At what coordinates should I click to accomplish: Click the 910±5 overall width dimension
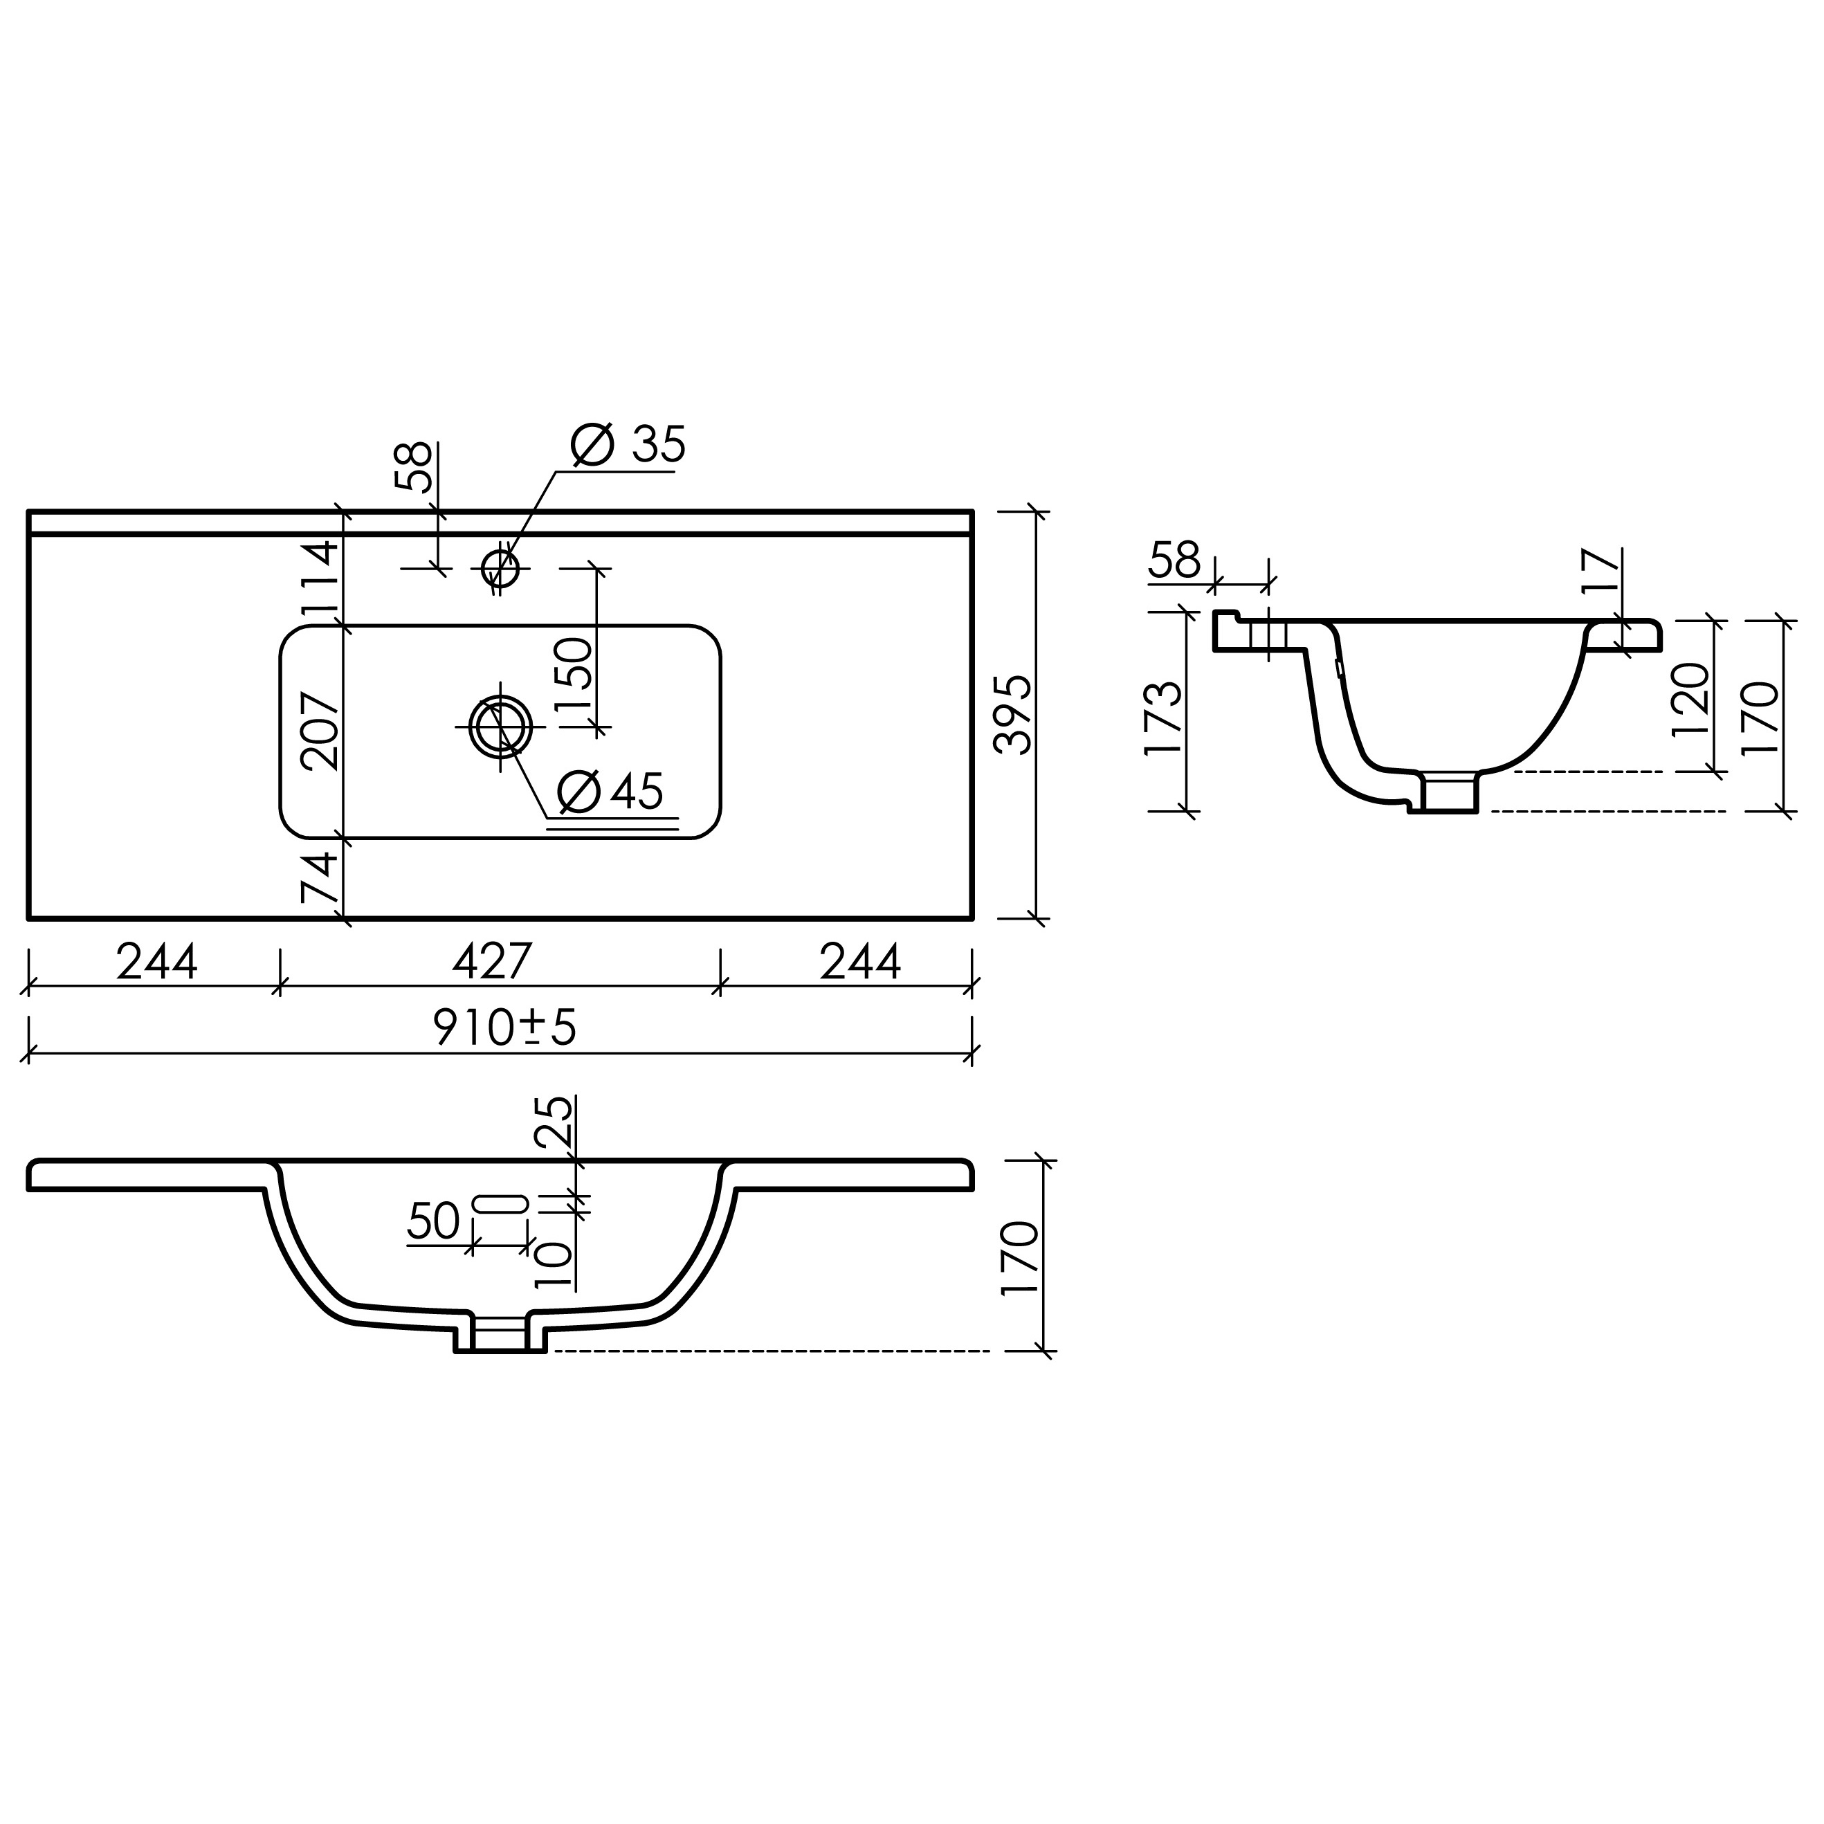click(505, 1027)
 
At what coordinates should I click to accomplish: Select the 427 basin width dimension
click(493, 962)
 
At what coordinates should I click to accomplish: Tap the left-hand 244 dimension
click(156, 962)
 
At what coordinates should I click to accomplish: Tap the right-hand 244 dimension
click(860, 962)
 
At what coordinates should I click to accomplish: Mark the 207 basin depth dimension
click(319, 731)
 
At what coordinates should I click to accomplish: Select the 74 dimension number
click(319, 877)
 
